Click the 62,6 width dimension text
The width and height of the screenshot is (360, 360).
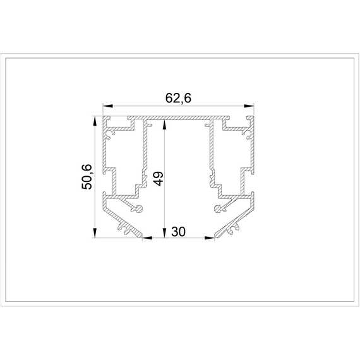tap(178, 99)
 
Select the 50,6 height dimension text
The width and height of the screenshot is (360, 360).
tap(87, 177)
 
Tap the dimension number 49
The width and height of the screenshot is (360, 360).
tap(159, 178)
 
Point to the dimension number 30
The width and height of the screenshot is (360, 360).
tap(178, 232)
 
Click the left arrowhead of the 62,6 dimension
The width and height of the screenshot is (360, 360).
tap(108, 106)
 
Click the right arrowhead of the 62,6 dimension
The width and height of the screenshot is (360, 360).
tap(249, 106)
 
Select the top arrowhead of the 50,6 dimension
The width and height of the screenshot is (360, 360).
tap(94, 121)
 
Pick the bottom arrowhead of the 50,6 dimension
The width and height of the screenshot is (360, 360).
tap(94, 232)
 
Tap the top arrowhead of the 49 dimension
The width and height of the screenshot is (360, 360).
tap(164, 124)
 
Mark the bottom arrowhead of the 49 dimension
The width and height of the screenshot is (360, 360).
tap(164, 232)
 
